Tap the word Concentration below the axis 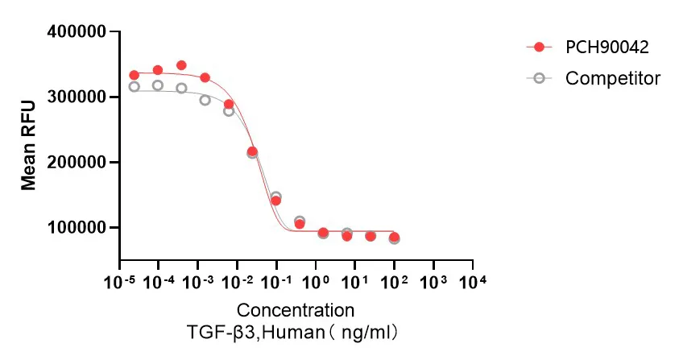[x=295, y=310]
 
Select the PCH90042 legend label [x=607, y=47]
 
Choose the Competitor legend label [x=613, y=78]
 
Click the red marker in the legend [x=540, y=47]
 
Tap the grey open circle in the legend [x=540, y=78]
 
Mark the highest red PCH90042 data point [x=181, y=65]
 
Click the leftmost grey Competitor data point [x=134, y=86]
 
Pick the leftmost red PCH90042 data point [x=134, y=75]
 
